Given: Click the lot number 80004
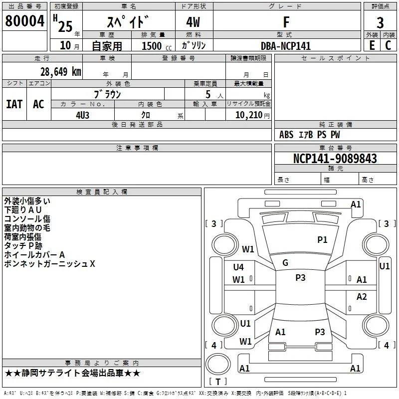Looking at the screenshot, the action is point(24,21).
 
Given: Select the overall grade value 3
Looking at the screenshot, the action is point(380,22).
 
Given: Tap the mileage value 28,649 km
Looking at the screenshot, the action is point(61,72).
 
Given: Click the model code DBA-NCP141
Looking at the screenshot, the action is point(286,46).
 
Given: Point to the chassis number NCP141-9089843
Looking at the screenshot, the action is point(335,158).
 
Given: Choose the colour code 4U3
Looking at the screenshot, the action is point(83,115).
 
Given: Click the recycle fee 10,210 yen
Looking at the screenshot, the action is point(252,115).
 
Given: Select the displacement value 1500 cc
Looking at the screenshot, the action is point(157,46).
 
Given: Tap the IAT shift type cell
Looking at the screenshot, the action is point(14,104).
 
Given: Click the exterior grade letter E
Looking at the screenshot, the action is point(372,45).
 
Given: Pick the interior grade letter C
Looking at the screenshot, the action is point(388,45).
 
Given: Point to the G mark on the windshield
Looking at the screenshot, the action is point(285,263).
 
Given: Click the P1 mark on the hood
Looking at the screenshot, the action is point(322,239).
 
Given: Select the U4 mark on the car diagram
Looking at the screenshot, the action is point(238,267).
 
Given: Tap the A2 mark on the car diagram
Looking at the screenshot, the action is point(362,296).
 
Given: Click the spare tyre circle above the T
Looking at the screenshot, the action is point(218,364).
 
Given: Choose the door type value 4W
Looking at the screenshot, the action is point(193,22).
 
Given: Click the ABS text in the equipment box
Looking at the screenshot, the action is point(286,135).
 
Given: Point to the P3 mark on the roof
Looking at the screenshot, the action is point(300,277).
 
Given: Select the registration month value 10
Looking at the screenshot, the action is point(65,45).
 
